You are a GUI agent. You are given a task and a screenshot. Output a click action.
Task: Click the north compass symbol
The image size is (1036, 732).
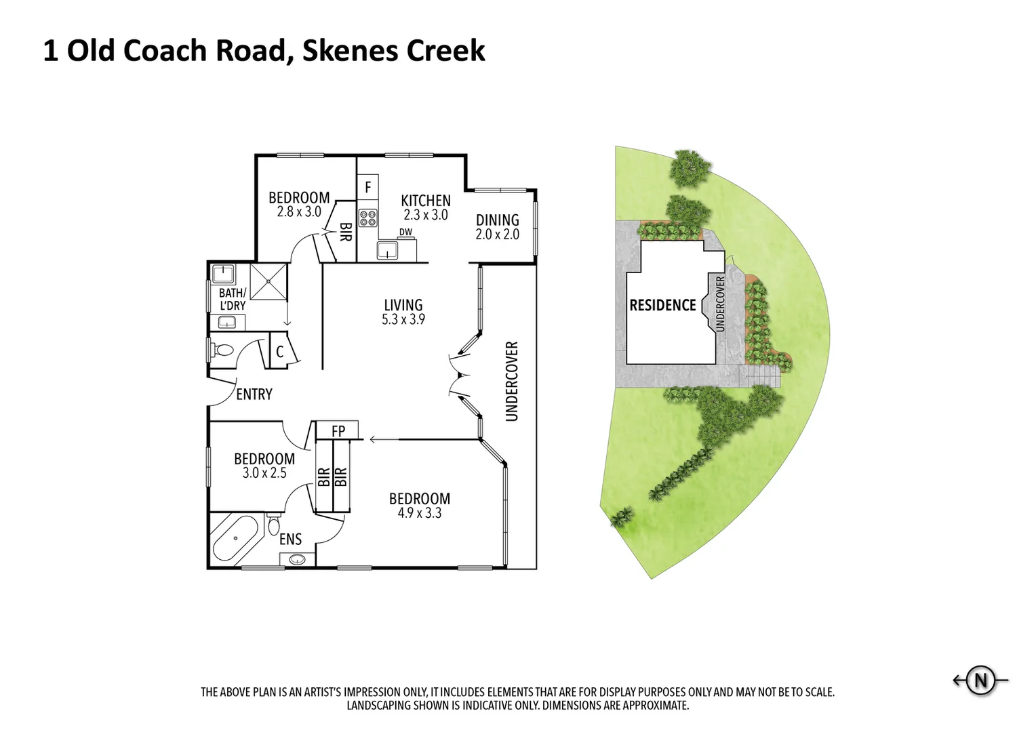(980, 680)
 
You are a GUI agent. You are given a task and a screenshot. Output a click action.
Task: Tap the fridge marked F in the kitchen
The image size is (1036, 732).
(367, 187)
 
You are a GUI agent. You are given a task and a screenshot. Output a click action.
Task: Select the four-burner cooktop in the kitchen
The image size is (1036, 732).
(368, 218)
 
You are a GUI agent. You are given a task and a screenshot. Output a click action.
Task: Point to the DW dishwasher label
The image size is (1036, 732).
(405, 232)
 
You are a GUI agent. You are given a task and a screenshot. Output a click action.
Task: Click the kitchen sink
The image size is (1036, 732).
(387, 250)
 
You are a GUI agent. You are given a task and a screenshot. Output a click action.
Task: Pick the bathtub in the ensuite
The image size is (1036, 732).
(236, 539)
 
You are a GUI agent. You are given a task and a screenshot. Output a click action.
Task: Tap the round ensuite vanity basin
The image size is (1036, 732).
(297, 560)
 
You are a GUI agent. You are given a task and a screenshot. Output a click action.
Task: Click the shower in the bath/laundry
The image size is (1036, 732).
(268, 282)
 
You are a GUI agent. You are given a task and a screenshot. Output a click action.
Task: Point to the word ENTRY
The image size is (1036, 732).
(254, 394)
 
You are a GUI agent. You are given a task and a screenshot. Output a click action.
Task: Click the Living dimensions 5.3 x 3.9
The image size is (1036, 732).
(403, 319)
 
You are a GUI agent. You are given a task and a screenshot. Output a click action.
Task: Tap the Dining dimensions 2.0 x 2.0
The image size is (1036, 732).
(497, 235)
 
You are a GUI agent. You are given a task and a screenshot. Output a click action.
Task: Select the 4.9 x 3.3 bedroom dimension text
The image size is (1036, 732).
(420, 513)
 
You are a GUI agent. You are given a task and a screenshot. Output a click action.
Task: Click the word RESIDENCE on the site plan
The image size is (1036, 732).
(663, 305)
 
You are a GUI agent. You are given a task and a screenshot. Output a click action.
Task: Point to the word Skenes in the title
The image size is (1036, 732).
(350, 51)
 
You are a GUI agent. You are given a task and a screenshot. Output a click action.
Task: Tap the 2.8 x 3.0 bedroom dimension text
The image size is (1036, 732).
(299, 212)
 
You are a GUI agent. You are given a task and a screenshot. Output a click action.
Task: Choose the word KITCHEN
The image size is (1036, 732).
(426, 201)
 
